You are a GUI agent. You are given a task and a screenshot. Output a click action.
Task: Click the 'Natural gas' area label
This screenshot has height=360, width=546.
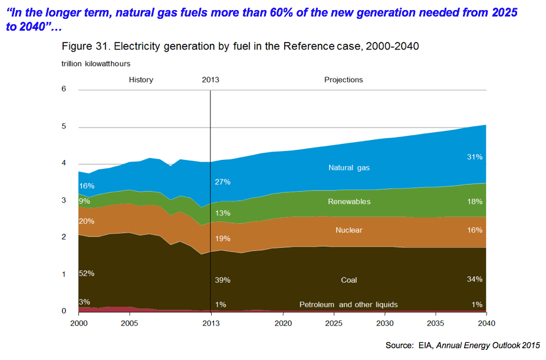coord(349,168)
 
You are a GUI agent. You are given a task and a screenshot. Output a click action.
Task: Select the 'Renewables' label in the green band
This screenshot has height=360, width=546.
coord(349,201)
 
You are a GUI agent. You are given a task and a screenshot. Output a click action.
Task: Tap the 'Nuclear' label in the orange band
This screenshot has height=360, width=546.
coord(348,230)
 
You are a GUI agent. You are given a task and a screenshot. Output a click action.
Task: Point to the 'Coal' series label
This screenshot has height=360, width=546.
coord(349,280)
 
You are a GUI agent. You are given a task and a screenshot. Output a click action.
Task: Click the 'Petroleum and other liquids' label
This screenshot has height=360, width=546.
coord(348,305)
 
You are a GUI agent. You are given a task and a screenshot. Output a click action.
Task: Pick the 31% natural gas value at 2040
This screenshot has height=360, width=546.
coord(475,157)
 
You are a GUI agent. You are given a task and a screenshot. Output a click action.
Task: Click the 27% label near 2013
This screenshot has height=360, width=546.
coord(222,182)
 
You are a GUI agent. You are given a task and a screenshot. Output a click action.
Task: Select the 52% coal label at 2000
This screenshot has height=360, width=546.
coord(86,273)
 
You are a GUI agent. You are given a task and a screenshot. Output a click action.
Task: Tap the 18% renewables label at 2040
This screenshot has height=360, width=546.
coord(475,202)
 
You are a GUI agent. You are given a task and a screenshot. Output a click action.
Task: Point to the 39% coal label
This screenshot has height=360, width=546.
coord(222,280)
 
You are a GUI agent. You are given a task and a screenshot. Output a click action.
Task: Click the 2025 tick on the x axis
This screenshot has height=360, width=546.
coord(334,323)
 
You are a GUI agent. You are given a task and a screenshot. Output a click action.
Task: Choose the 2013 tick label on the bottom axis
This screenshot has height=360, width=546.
coord(210,323)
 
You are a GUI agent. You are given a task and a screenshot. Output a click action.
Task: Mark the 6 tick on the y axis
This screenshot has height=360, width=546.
coord(64,89)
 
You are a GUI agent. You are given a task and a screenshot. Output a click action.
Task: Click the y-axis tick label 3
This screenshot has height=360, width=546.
coord(64,201)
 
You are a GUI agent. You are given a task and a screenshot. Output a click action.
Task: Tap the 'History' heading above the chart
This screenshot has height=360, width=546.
coord(141,80)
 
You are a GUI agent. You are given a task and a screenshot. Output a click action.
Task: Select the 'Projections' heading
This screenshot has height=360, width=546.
coord(343,80)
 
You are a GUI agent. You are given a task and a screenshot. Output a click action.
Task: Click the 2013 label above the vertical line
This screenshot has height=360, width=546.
coord(210,80)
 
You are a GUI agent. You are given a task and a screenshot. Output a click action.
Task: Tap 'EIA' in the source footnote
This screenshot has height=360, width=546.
coord(426,346)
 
